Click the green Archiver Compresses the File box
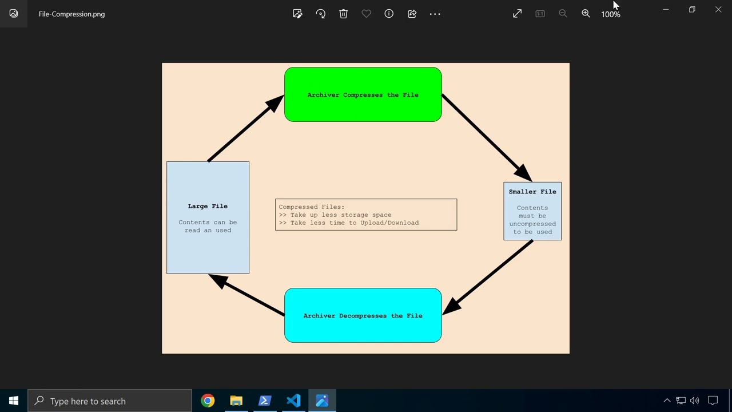click(x=363, y=94)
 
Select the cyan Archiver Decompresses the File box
click(x=363, y=315)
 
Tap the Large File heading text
click(x=208, y=206)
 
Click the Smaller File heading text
click(x=532, y=192)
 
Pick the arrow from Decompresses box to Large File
click(x=249, y=295)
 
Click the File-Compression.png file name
click(x=71, y=14)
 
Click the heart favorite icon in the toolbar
click(x=366, y=14)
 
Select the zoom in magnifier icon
click(x=586, y=14)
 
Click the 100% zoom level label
click(x=610, y=14)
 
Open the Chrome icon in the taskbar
click(x=208, y=401)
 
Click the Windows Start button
click(x=14, y=401)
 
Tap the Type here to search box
click(x=110, y=401)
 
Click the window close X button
click(x=718, y=10)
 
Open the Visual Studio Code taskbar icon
click(x=293, y=401)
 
